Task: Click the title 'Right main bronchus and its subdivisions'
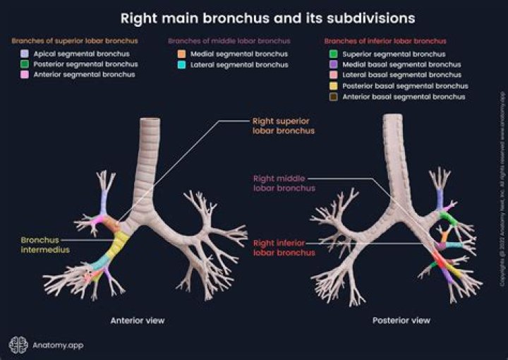[267, 16]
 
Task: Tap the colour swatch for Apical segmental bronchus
[25, 54]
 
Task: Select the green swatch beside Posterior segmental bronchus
[25, 64]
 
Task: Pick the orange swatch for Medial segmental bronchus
[181, 54]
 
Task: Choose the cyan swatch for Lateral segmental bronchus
[181, 65]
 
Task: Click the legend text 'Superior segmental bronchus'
[394, 54]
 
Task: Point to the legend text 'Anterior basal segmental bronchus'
[404, 97]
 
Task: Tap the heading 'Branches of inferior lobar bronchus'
[375, 41]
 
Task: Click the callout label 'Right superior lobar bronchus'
[283, 126]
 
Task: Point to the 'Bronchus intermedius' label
[40, 244]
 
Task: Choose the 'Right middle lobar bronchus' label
[284, 184]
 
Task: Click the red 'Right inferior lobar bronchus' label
[284, 248]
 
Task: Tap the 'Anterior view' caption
[138, 320]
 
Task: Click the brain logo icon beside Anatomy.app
[18, 344]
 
